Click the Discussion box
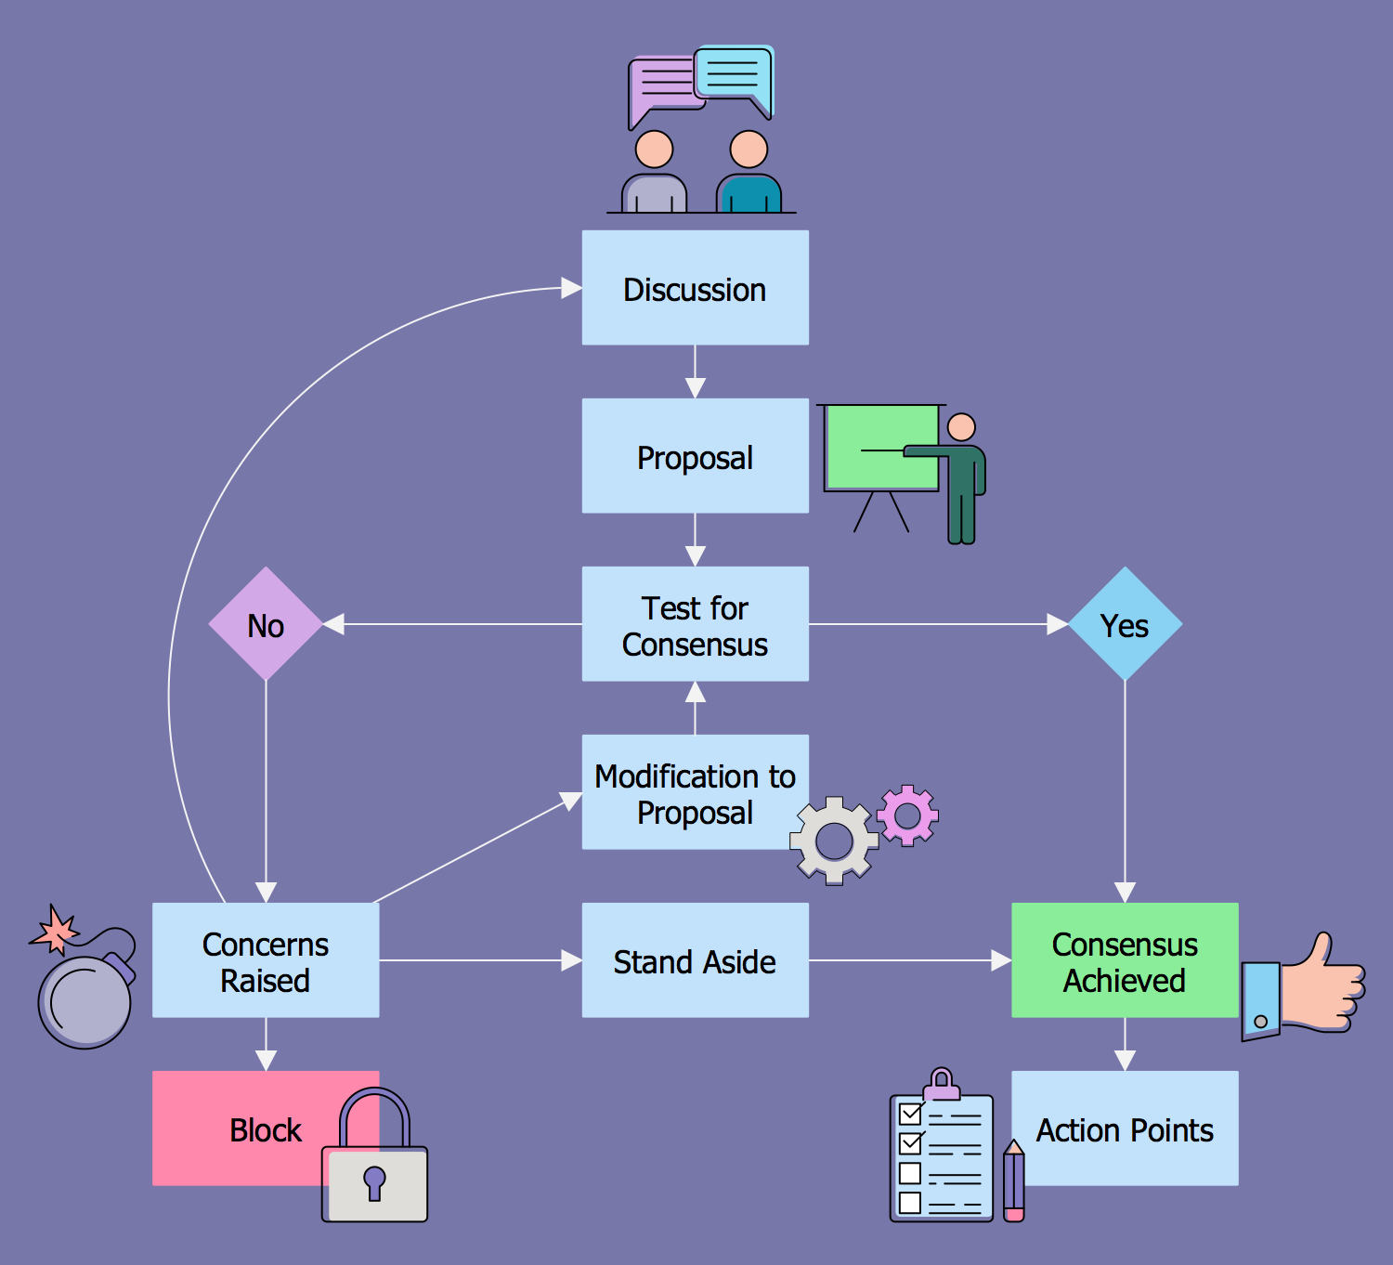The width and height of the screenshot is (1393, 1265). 695,288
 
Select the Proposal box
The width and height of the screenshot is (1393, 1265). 695,456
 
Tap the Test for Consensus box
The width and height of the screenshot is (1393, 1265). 695,624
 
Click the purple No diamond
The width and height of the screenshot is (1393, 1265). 266,624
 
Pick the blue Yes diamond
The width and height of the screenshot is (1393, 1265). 1125,624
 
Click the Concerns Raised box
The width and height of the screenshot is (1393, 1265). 266,960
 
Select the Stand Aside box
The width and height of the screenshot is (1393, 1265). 695,960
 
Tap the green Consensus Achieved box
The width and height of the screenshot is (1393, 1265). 1125,960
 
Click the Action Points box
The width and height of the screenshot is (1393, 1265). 1125,1128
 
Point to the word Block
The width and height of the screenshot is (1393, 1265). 266,1130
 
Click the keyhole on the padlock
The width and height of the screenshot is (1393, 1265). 374,1182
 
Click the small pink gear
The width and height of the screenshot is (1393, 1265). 907,815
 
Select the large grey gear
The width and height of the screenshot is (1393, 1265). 834,841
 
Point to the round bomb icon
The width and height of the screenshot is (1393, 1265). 85,1001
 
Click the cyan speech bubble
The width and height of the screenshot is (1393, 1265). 733,73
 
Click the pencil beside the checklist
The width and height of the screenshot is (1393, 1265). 1013,1181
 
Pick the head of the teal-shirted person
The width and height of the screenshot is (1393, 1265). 749,149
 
